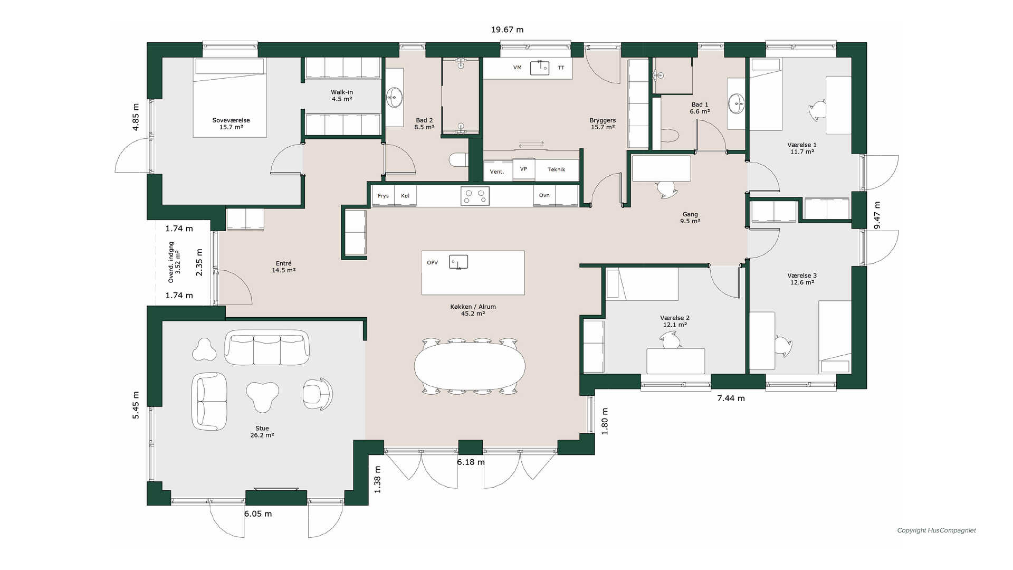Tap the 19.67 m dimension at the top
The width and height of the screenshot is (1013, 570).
[507, 30]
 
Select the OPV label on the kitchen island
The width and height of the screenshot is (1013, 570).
[432, 262]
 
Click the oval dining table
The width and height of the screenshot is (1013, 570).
[470, 366]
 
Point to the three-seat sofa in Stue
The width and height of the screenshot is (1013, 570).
[267, 347]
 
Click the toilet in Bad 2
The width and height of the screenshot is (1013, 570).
[458, 159]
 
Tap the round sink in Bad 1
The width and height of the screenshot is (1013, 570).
[736, 103]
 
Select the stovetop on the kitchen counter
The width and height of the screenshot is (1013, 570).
[475, 196]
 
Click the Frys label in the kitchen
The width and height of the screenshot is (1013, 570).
[383, 196]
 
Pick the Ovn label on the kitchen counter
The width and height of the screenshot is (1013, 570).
[544, 195]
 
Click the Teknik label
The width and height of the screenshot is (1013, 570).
[556, 169]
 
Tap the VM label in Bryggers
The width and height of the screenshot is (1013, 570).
[517, 68]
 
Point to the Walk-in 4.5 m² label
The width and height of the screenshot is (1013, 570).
[342, 96]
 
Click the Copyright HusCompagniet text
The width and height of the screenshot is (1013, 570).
[936, 530]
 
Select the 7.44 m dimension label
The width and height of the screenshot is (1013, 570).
[731, 398]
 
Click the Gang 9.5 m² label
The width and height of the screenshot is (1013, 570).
[690, 217]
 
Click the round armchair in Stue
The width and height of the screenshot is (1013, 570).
[318, 394]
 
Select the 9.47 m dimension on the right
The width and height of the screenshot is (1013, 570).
[877, 215]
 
